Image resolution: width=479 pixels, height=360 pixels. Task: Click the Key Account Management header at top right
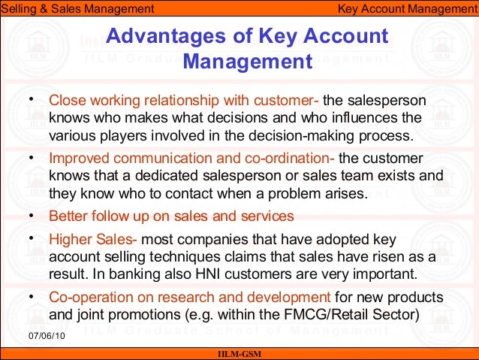tap(406, 8)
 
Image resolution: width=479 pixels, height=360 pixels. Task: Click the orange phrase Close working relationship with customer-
tap(184, 100)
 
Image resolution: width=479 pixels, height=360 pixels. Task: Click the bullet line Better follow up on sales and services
tap(171, 216)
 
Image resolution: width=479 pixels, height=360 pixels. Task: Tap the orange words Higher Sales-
tap(93, 240)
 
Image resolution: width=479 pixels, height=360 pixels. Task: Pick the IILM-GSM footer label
tap(239, 354)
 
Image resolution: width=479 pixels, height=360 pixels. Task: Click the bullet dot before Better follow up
tap(30, 215)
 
